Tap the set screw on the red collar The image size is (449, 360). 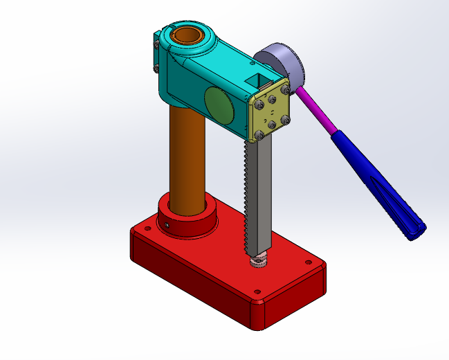pyautogui.click(x=167, y=225)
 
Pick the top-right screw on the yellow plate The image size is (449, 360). pyautogui.click(x=284, y=90)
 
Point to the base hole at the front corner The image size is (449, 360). pyautogui.click(x=257, y=292)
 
